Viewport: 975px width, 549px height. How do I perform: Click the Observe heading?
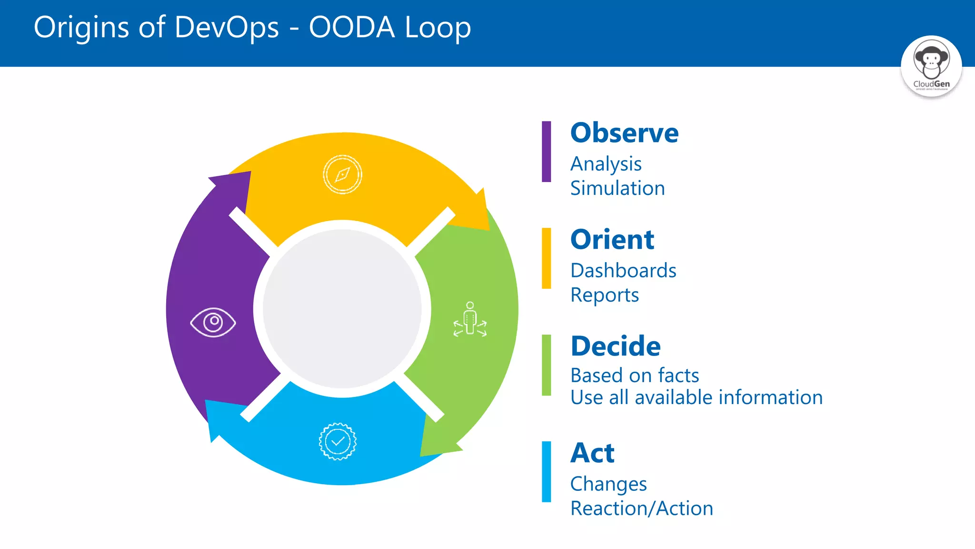point(624,133)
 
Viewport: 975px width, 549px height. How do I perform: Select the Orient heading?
point(612,240)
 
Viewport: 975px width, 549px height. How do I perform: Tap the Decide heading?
point(616,346)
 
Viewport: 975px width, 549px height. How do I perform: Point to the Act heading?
point(592,453)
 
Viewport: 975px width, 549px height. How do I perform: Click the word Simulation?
point(617,188)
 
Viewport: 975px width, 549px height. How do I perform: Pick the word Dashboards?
point(623,271)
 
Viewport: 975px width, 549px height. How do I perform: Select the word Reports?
point(605,295)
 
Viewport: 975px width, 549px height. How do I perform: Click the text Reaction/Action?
point(642,508)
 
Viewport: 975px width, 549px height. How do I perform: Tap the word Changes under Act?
point(608,484)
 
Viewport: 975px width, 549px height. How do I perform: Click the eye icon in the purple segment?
point(213,323)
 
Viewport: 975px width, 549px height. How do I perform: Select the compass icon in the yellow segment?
point(342,174)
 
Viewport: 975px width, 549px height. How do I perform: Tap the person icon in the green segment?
point(470,319)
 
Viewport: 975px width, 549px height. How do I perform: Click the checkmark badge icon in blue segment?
point(338,441)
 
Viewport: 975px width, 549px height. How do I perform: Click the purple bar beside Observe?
point(546,152)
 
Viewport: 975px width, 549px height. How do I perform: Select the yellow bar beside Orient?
point(546,258)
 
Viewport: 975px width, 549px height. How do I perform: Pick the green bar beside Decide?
point(546,365)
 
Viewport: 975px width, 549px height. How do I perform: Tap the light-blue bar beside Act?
point(546,472)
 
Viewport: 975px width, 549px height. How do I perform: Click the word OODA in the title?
point(352,27)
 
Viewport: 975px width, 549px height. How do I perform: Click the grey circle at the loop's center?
point(342,309)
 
